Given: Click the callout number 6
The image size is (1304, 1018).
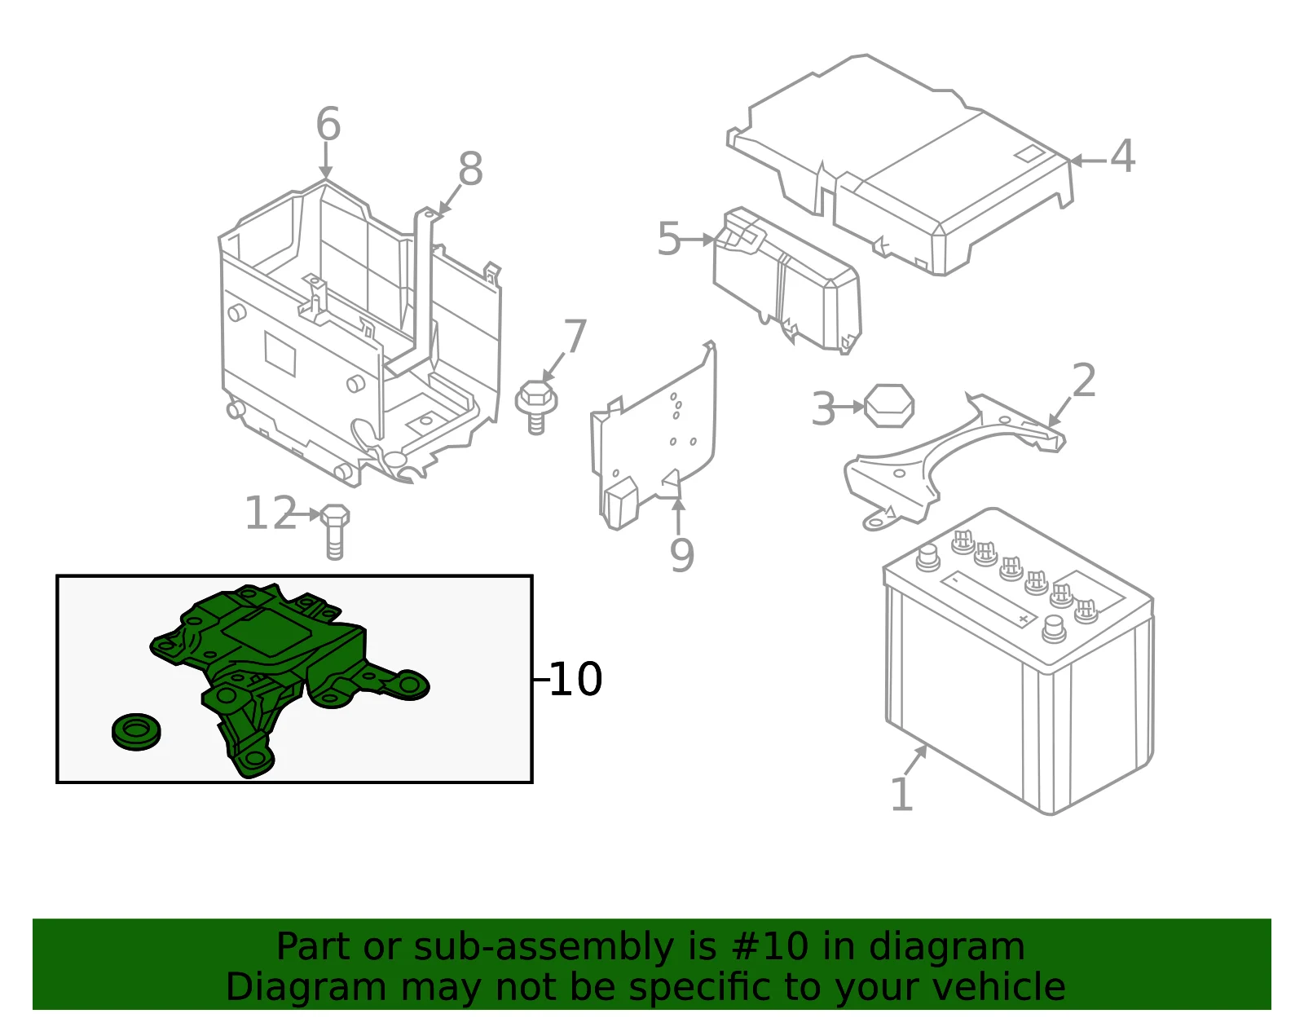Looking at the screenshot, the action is tap(328, 124).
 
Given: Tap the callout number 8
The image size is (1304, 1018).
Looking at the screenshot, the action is tap(470, 169).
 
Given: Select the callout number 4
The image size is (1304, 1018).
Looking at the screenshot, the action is tap(1122, 156).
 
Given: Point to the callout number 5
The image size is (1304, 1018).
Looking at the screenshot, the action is tap(669, 239).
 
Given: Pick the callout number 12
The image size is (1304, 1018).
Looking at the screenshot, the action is tap(271, 513).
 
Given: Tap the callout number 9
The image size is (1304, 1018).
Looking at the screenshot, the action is tap(682, 556).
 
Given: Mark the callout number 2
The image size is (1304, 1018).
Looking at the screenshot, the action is tap(1084, 380).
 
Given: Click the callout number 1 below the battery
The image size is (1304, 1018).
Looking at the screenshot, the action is tap(902, 794).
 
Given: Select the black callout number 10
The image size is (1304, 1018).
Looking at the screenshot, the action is tap(575, 679).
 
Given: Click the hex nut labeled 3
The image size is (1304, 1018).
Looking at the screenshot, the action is tap(889, 406).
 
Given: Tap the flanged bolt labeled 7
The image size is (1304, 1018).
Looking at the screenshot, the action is tap(536, 406).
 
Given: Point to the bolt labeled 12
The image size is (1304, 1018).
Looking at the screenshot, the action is tap(335, 531).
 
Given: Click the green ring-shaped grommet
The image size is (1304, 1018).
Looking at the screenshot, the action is tap(136, 732).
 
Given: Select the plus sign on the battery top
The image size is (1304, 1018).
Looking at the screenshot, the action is tap(1024, 619).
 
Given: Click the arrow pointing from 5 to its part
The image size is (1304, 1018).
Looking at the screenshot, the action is tap(698, 240).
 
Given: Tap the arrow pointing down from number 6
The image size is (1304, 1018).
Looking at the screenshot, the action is tap(326, 161).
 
